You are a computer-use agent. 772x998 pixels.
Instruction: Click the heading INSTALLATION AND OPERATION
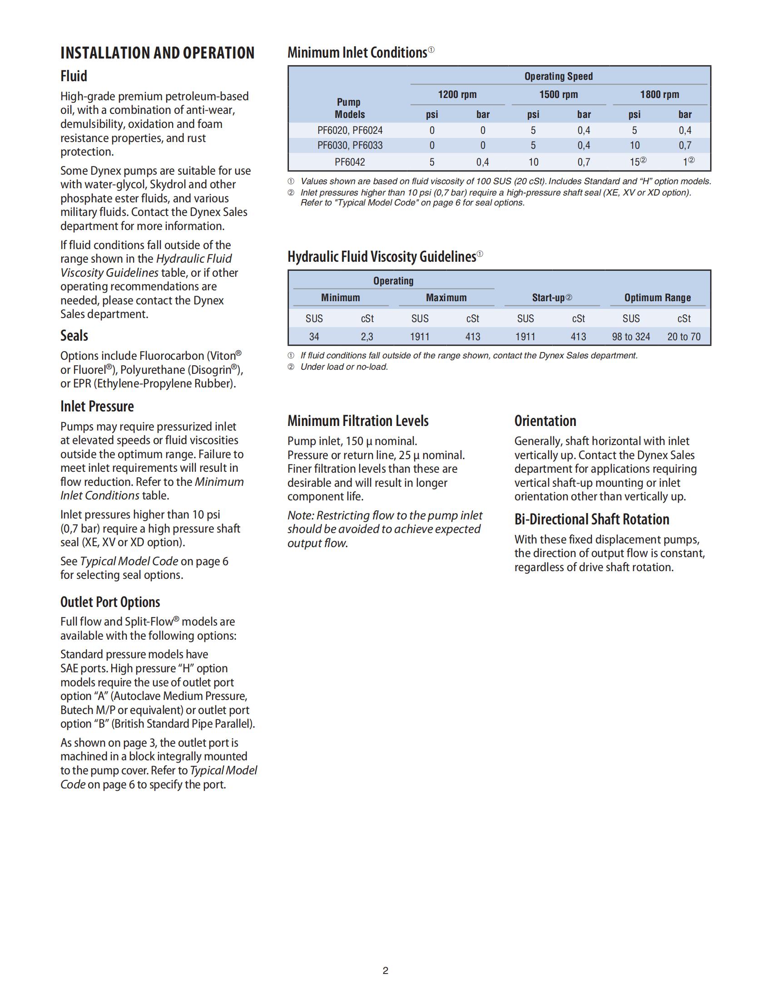pos(157,53)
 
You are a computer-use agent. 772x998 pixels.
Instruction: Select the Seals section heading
pos(74,336)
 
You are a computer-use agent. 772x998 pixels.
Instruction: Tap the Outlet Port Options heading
pos(110,602)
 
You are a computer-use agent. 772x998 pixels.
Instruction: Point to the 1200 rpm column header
pos(457,95)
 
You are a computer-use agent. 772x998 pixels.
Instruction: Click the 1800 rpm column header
pos(659,95)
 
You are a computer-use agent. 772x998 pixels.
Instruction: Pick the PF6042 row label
pos(350,162)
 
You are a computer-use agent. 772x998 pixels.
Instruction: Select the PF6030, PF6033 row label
pos(350,145)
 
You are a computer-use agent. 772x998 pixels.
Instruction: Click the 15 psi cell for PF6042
pos(635,162)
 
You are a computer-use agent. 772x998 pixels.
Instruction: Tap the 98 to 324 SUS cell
pos(631,337)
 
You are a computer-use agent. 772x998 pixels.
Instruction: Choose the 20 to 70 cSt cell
pos(684,337)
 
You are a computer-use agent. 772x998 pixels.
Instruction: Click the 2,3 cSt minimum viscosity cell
pos(367,337)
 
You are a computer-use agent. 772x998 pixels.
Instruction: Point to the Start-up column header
pos(552,298)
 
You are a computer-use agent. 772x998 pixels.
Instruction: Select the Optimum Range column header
pos(658,298)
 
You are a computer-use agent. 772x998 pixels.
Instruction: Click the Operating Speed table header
pos(559,76)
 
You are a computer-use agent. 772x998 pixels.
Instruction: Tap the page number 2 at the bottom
pos(386,971)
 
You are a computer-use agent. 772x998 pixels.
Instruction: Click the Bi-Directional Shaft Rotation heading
pos(592,519)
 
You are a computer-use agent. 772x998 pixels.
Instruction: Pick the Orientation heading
pos(545,421)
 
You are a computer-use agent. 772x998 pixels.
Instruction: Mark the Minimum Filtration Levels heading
pos(358,421)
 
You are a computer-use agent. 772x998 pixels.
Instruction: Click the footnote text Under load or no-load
pos(344,367)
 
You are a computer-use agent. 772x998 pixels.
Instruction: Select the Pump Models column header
pos(349,108)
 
